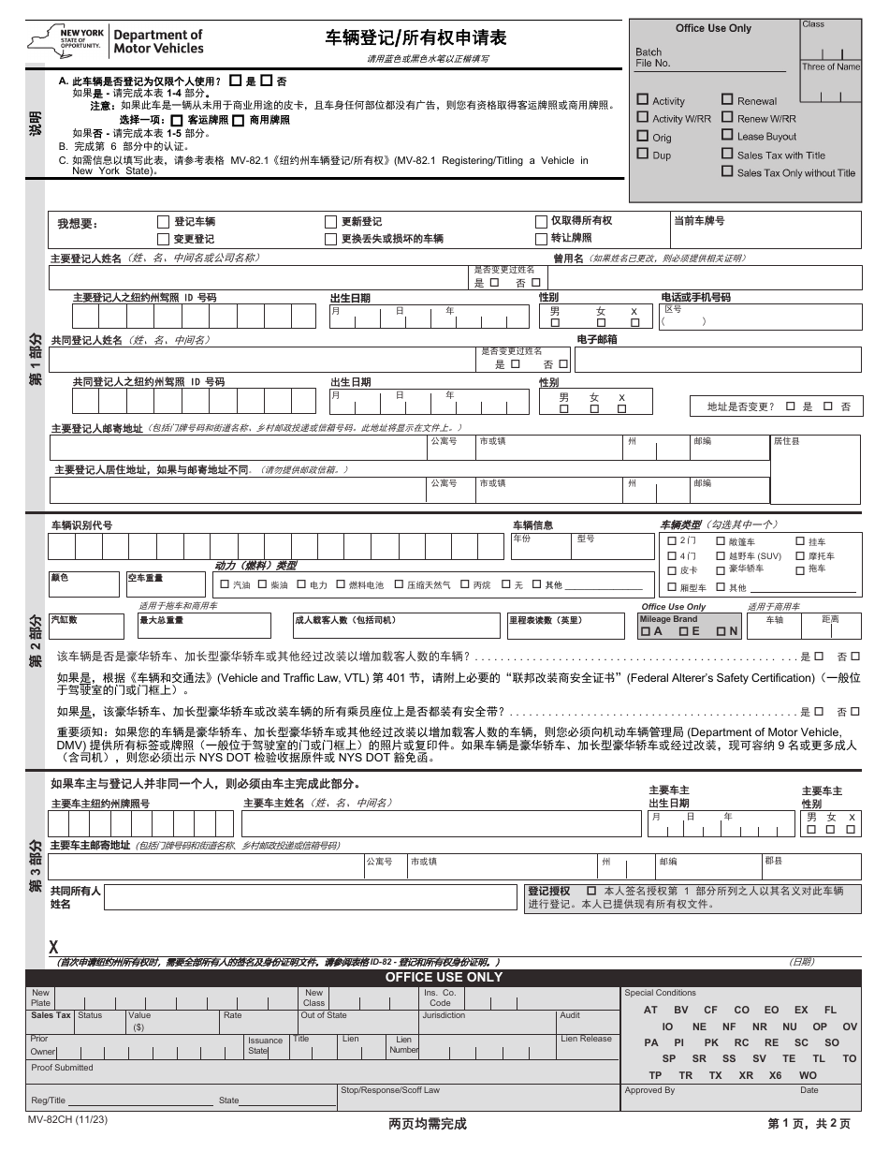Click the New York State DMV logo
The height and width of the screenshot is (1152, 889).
(116, 41)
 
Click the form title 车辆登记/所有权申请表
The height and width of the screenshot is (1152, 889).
(415, 38)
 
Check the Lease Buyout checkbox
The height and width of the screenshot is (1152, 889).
(727, 136)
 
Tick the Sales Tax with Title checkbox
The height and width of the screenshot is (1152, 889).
(727, 154)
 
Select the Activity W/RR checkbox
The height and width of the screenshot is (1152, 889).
(642, 118)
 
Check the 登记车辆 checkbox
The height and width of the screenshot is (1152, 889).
(165, 222)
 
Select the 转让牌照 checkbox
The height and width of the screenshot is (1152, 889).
(541, 239)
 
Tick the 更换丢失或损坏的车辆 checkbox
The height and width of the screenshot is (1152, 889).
(330, 239)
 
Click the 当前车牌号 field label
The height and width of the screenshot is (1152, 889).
(698, 221)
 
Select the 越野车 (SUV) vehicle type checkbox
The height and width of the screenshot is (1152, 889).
(721, 555)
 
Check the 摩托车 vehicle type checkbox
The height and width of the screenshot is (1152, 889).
(800, 555)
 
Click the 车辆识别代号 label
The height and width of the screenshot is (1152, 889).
(81, 525)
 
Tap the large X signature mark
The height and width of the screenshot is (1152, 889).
(53, 947)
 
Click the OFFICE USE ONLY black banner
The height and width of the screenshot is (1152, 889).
(444, 977)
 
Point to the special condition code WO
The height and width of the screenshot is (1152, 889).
(808, 1075)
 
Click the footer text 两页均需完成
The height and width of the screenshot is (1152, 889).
(427, 1123)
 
